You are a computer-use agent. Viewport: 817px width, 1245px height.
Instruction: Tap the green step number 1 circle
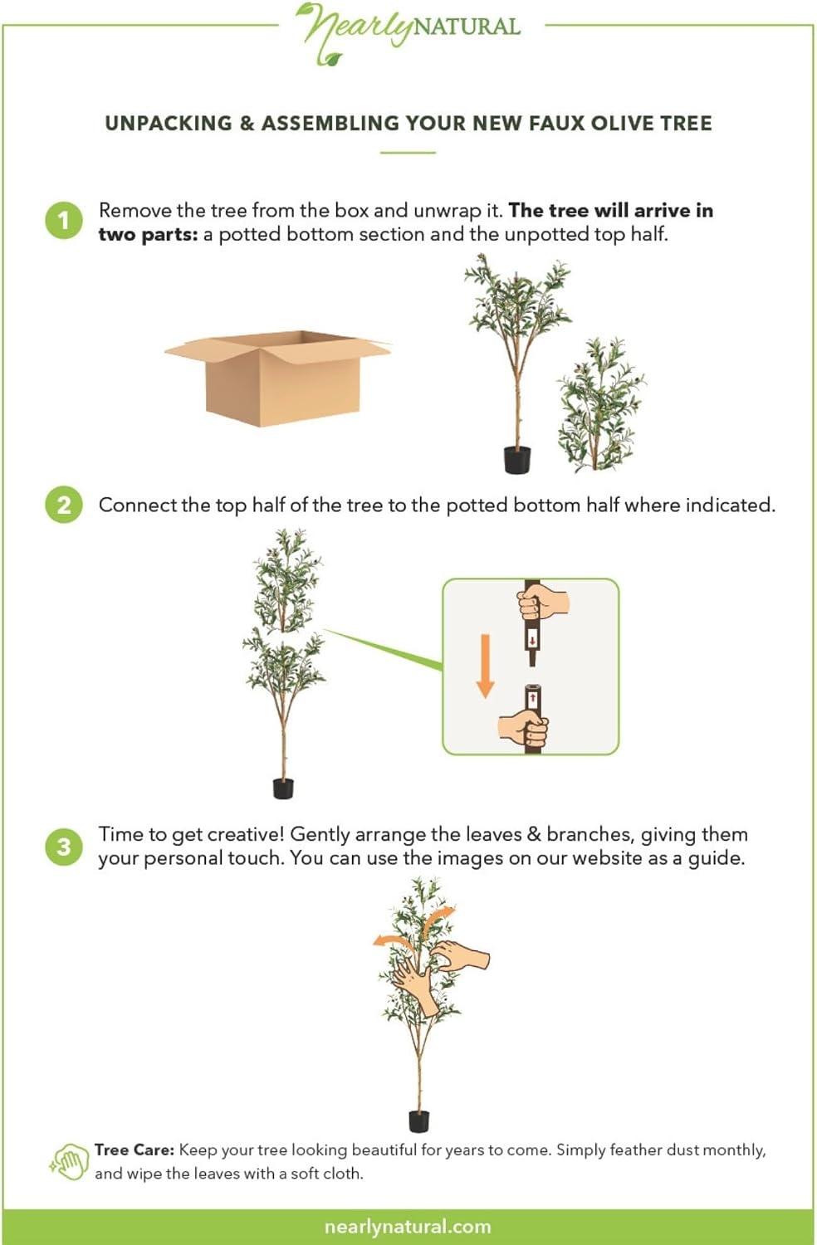coord(64,221)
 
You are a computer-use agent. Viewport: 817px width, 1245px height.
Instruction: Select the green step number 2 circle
coord(64,505)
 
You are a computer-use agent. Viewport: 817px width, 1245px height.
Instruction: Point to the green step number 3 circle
coord(64,847)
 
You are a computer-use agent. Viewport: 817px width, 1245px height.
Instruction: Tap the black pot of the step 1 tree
coord(517,460)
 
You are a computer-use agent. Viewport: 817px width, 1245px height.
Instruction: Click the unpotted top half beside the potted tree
coord(600,404)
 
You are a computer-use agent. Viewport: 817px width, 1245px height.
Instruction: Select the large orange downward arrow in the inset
coord(486,666)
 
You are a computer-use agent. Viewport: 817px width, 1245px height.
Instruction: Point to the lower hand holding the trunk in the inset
coord(523,726)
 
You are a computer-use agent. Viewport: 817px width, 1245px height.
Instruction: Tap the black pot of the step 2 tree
coord(283,788)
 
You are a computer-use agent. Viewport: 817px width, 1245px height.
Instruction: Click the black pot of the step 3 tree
coord(419,1121)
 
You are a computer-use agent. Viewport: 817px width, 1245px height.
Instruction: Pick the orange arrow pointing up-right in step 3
coord(439,918)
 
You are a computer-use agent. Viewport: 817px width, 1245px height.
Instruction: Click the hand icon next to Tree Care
coord(70,1162)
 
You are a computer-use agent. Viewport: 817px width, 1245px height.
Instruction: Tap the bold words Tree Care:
coord(134,1150)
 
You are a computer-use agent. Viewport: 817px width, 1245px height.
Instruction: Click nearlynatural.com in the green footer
coord(408,1226)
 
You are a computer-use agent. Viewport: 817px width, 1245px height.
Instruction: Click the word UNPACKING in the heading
coord(169,123)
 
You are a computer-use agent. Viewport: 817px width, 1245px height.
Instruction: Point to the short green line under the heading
coord(408,152)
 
